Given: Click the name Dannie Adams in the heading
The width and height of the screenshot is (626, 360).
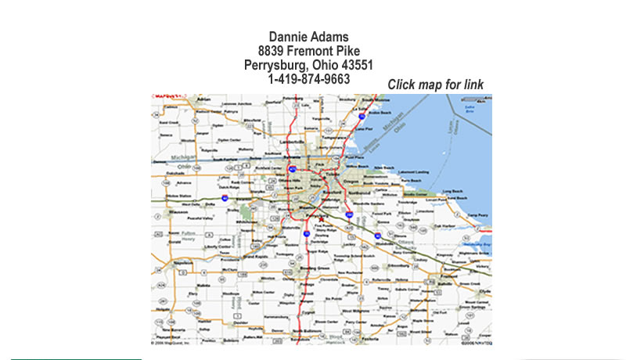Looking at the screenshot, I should pos(308,37).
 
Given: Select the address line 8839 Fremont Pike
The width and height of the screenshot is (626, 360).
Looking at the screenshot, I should pos(308,51).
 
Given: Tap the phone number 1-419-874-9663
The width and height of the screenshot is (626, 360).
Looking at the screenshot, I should pos(308,79).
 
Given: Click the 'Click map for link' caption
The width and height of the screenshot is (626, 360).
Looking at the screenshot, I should pos(435,85).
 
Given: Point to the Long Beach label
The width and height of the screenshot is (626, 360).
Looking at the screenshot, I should pos(453,191).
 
